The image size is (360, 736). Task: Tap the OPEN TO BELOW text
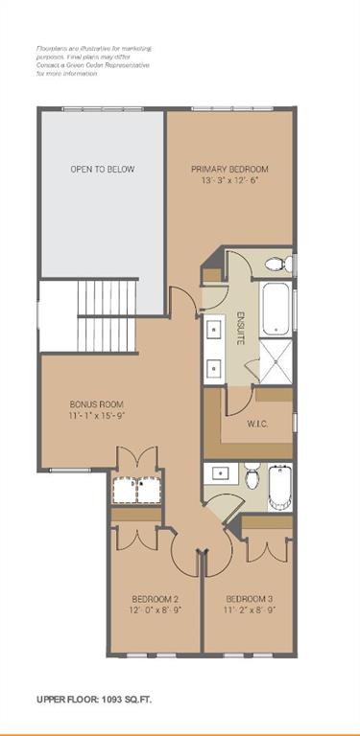(102, 170)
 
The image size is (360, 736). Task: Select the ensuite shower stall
(275, 356)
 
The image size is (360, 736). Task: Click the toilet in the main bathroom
(252, 474)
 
